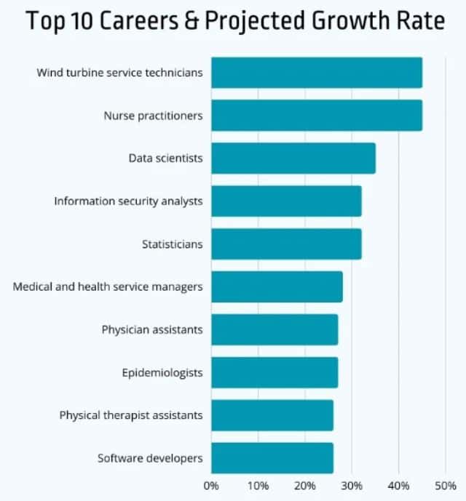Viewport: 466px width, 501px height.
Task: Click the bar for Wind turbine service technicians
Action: [317, 73]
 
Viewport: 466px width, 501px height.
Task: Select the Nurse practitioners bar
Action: [317, 116]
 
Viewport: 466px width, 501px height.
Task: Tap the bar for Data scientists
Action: [293, 158]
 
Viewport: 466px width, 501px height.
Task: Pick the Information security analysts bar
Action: [286, 201]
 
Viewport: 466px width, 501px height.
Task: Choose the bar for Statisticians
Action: [286, 244]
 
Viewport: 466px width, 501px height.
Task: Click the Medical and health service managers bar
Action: [277, 286]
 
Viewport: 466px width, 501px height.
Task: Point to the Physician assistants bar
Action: [275, 329]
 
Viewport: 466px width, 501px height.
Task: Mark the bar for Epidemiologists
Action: [275, 372]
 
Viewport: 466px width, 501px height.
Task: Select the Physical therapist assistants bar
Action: [272, 415]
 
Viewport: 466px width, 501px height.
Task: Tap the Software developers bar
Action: [272, 458]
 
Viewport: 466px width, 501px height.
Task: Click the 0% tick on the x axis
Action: [211, 485]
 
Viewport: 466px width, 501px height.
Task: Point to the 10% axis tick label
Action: [258, 485]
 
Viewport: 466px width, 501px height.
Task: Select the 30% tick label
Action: [352, 485]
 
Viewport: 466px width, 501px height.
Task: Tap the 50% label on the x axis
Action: [445, 485]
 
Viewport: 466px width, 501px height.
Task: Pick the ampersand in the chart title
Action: [191, 21]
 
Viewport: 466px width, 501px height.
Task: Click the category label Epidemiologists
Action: [162, 373]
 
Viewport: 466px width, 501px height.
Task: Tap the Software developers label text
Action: [150, 458]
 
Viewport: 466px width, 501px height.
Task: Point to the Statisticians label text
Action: [172, 244]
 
